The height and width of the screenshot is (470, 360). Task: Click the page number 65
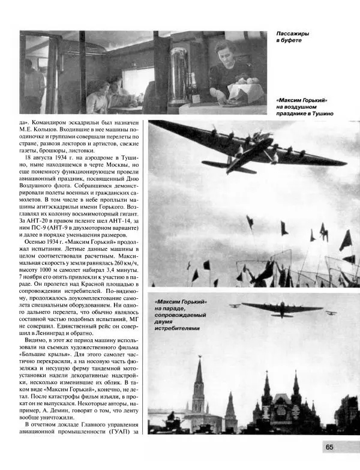(330, 446)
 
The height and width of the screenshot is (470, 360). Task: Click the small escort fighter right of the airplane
(329, 312)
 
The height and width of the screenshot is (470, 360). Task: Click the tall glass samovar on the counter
(179, 75)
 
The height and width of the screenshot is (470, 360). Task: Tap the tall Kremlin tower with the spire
(199, 384)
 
